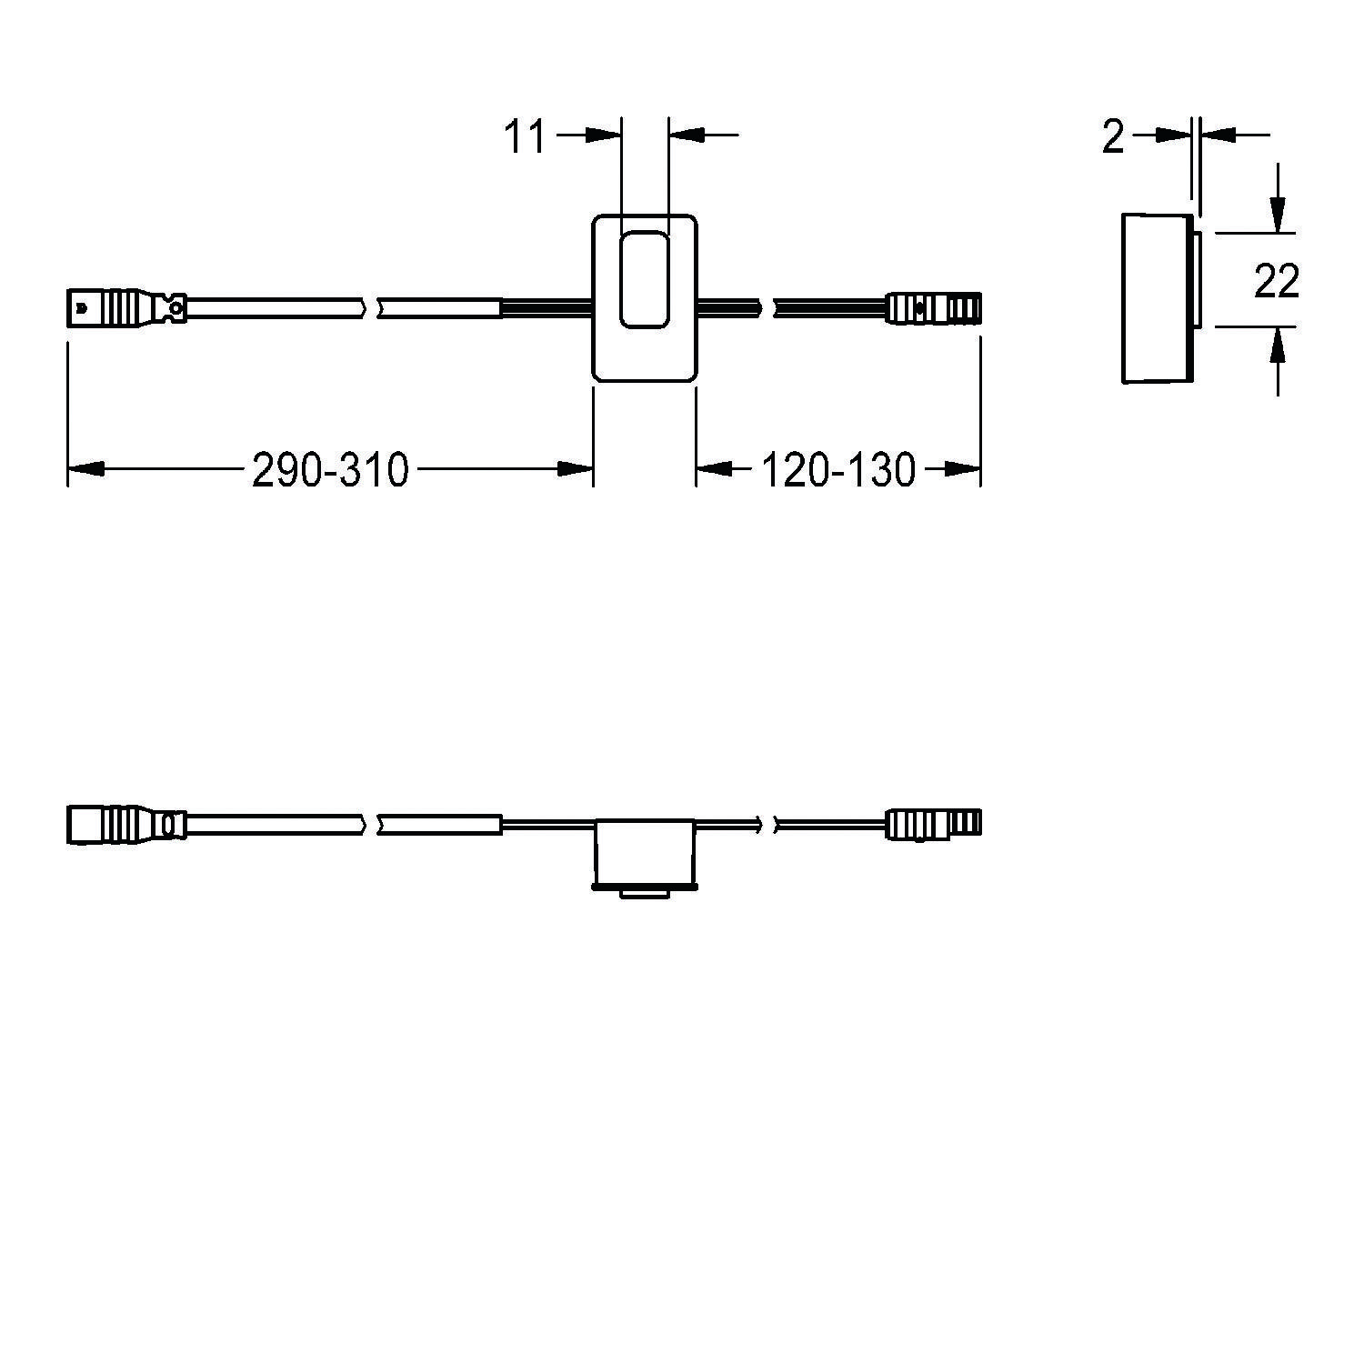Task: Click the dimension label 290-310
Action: [x=330, y=470]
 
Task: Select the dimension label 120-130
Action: [x=837, y=470]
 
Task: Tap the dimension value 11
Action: [x=525, y=136]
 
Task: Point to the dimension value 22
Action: [x=1276, y=281]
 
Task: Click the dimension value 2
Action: [x=1113, y=136]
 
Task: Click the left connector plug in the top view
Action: [x=125, y=307]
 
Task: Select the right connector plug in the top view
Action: [x=935, y=307]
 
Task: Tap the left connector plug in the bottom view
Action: [x=125, y=824]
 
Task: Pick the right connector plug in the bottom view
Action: [x=935, y=824]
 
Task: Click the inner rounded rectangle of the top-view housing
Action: [x=644, y=279]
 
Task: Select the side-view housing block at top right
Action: [x=1157, y=298]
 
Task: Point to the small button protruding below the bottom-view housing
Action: [x=644, y=894]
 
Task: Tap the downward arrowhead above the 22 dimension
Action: [x=1278, y=216]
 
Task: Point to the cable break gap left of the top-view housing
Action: [x=370, y=307]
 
